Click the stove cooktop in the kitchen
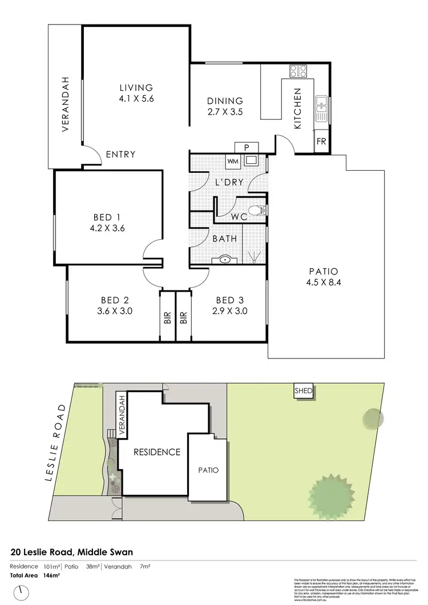[298, 71]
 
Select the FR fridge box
[321, 141]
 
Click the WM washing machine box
[233, 161]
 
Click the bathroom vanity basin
[225, 260]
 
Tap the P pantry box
[247, 147]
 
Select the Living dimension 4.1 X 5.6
[136, 98]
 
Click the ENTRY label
[120, 154]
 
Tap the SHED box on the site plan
[303, 392]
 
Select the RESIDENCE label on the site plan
[156, 452]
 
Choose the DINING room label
[225, 101]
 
